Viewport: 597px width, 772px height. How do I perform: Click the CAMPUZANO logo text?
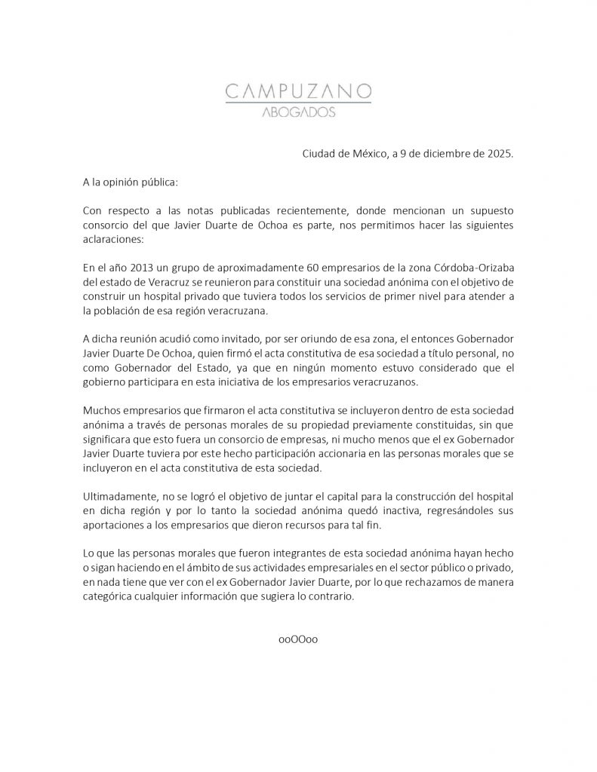point(298,92)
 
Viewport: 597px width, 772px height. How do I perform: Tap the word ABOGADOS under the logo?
point(298,114)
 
